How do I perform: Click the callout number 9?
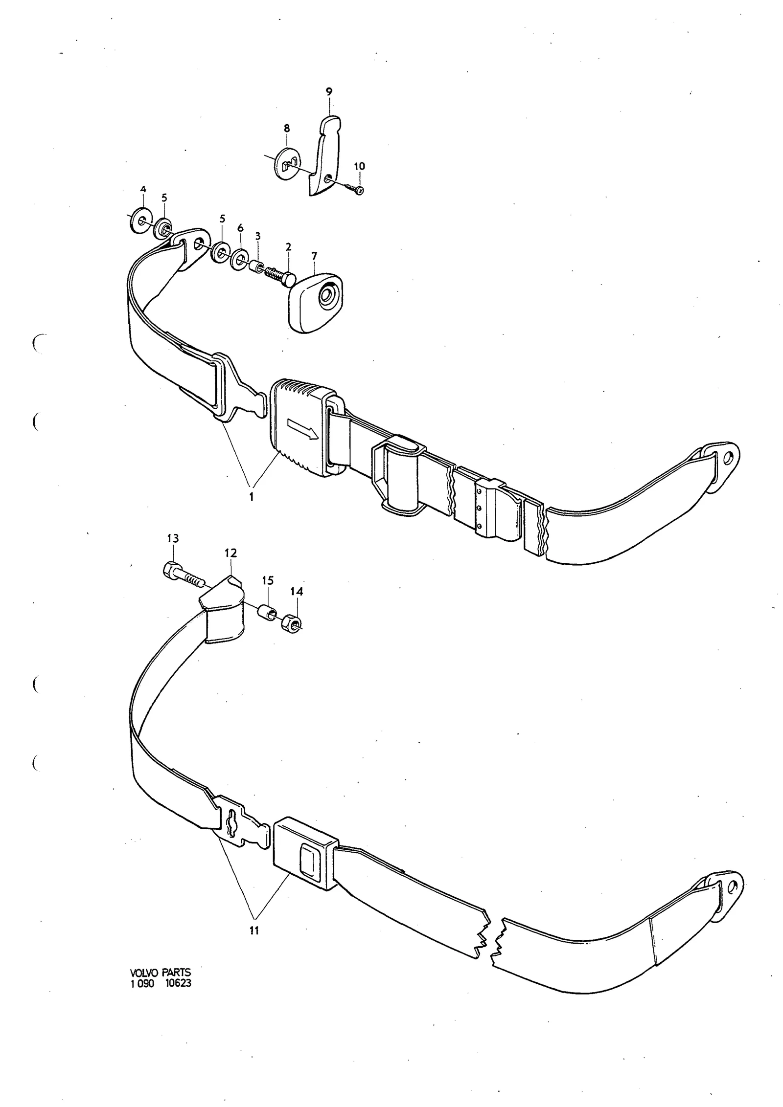pos(329,92)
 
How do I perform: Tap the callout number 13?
pos(173,539)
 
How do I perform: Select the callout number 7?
pos(314,256)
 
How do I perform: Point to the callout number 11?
pos(253,931)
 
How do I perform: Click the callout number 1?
pos(252,497)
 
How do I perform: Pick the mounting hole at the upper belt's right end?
pos(728,457)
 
